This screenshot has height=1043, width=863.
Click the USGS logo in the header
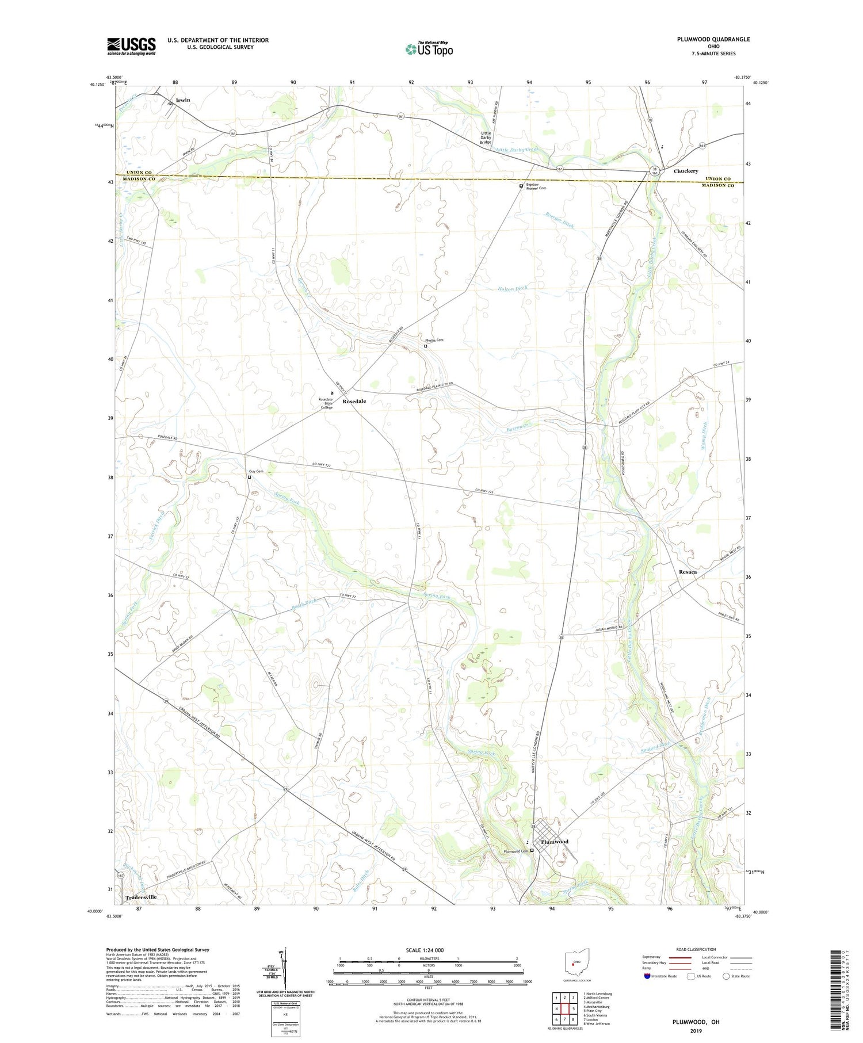[131, 46]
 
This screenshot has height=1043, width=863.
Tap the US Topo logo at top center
[429, 49]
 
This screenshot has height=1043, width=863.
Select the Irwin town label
[183, 100]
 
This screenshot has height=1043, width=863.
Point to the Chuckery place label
[685, 171]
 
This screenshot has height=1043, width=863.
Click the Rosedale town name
[354, 401]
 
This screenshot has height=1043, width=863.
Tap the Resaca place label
[688, 572]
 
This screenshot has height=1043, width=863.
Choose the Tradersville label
[141, 897]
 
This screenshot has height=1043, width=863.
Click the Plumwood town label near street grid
[555, 842]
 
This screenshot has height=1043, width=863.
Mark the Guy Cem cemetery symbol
[249, 477]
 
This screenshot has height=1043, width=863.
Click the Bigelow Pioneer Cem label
[536, 188]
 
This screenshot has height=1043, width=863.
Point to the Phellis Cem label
[434, 340]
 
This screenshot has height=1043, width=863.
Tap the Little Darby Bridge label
[486, 137]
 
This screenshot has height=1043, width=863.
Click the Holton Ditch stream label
[512, 288]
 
